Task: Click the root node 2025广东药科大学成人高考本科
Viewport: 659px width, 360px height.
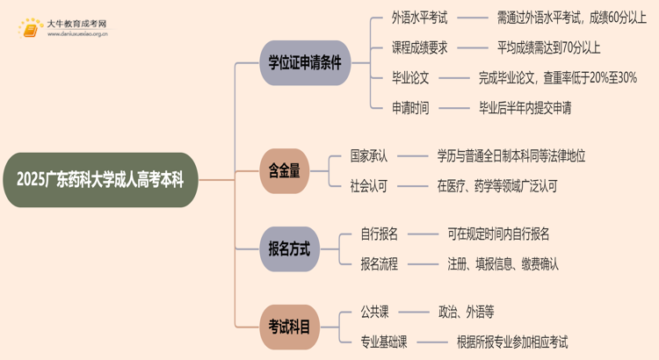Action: pyautogui.click(x=107, y=181)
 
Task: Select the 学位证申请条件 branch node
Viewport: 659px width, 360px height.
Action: pyautogui.click(x=304, y=62)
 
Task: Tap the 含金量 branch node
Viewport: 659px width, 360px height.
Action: pyautogui.click(x=284, y=172)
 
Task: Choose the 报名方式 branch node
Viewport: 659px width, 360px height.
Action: pyautogui.click(x=289, y=248)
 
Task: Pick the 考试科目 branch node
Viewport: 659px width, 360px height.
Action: pyautogui.click(x=289, y=328)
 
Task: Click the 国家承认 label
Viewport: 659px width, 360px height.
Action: pyautogui.click(x=368, y=155)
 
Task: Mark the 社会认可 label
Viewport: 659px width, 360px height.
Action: pyautogui.click(x=368, y=186)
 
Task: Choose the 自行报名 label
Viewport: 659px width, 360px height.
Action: pyautogui.click(x=380, y=234)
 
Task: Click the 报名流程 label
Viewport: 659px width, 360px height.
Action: pyautogui.click(x=380, y=263)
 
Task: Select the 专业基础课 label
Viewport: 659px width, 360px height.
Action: pyautogui.click(x=385, y=342)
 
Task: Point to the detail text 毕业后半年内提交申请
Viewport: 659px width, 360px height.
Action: pyautogui.click(x=525, y=108)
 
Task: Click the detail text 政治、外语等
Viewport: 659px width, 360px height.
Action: pyautogui.click(x=466, y=311)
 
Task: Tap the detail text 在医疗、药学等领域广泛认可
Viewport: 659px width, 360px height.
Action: pyautogui.click(x=496, y=186)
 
